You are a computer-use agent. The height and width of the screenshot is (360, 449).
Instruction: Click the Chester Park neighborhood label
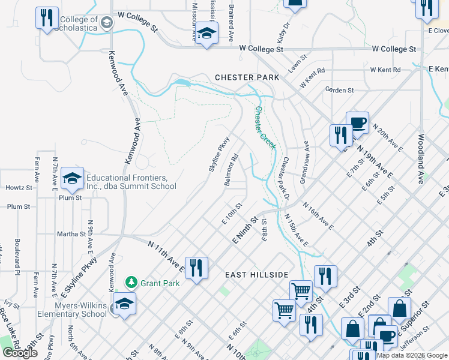[x=247, y=77]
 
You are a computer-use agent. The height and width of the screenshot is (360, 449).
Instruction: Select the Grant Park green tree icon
[x=131, y=282]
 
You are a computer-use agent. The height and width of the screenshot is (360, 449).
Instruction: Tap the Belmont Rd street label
[x=232, y=169]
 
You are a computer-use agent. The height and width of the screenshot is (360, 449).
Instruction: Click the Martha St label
[x=71, y=234]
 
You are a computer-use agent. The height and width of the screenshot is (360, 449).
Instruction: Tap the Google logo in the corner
[x=20, y=352]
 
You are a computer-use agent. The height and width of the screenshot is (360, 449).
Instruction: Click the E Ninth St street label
[x=244, y=231]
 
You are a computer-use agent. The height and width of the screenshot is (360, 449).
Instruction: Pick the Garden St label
[x=339, y=90]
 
